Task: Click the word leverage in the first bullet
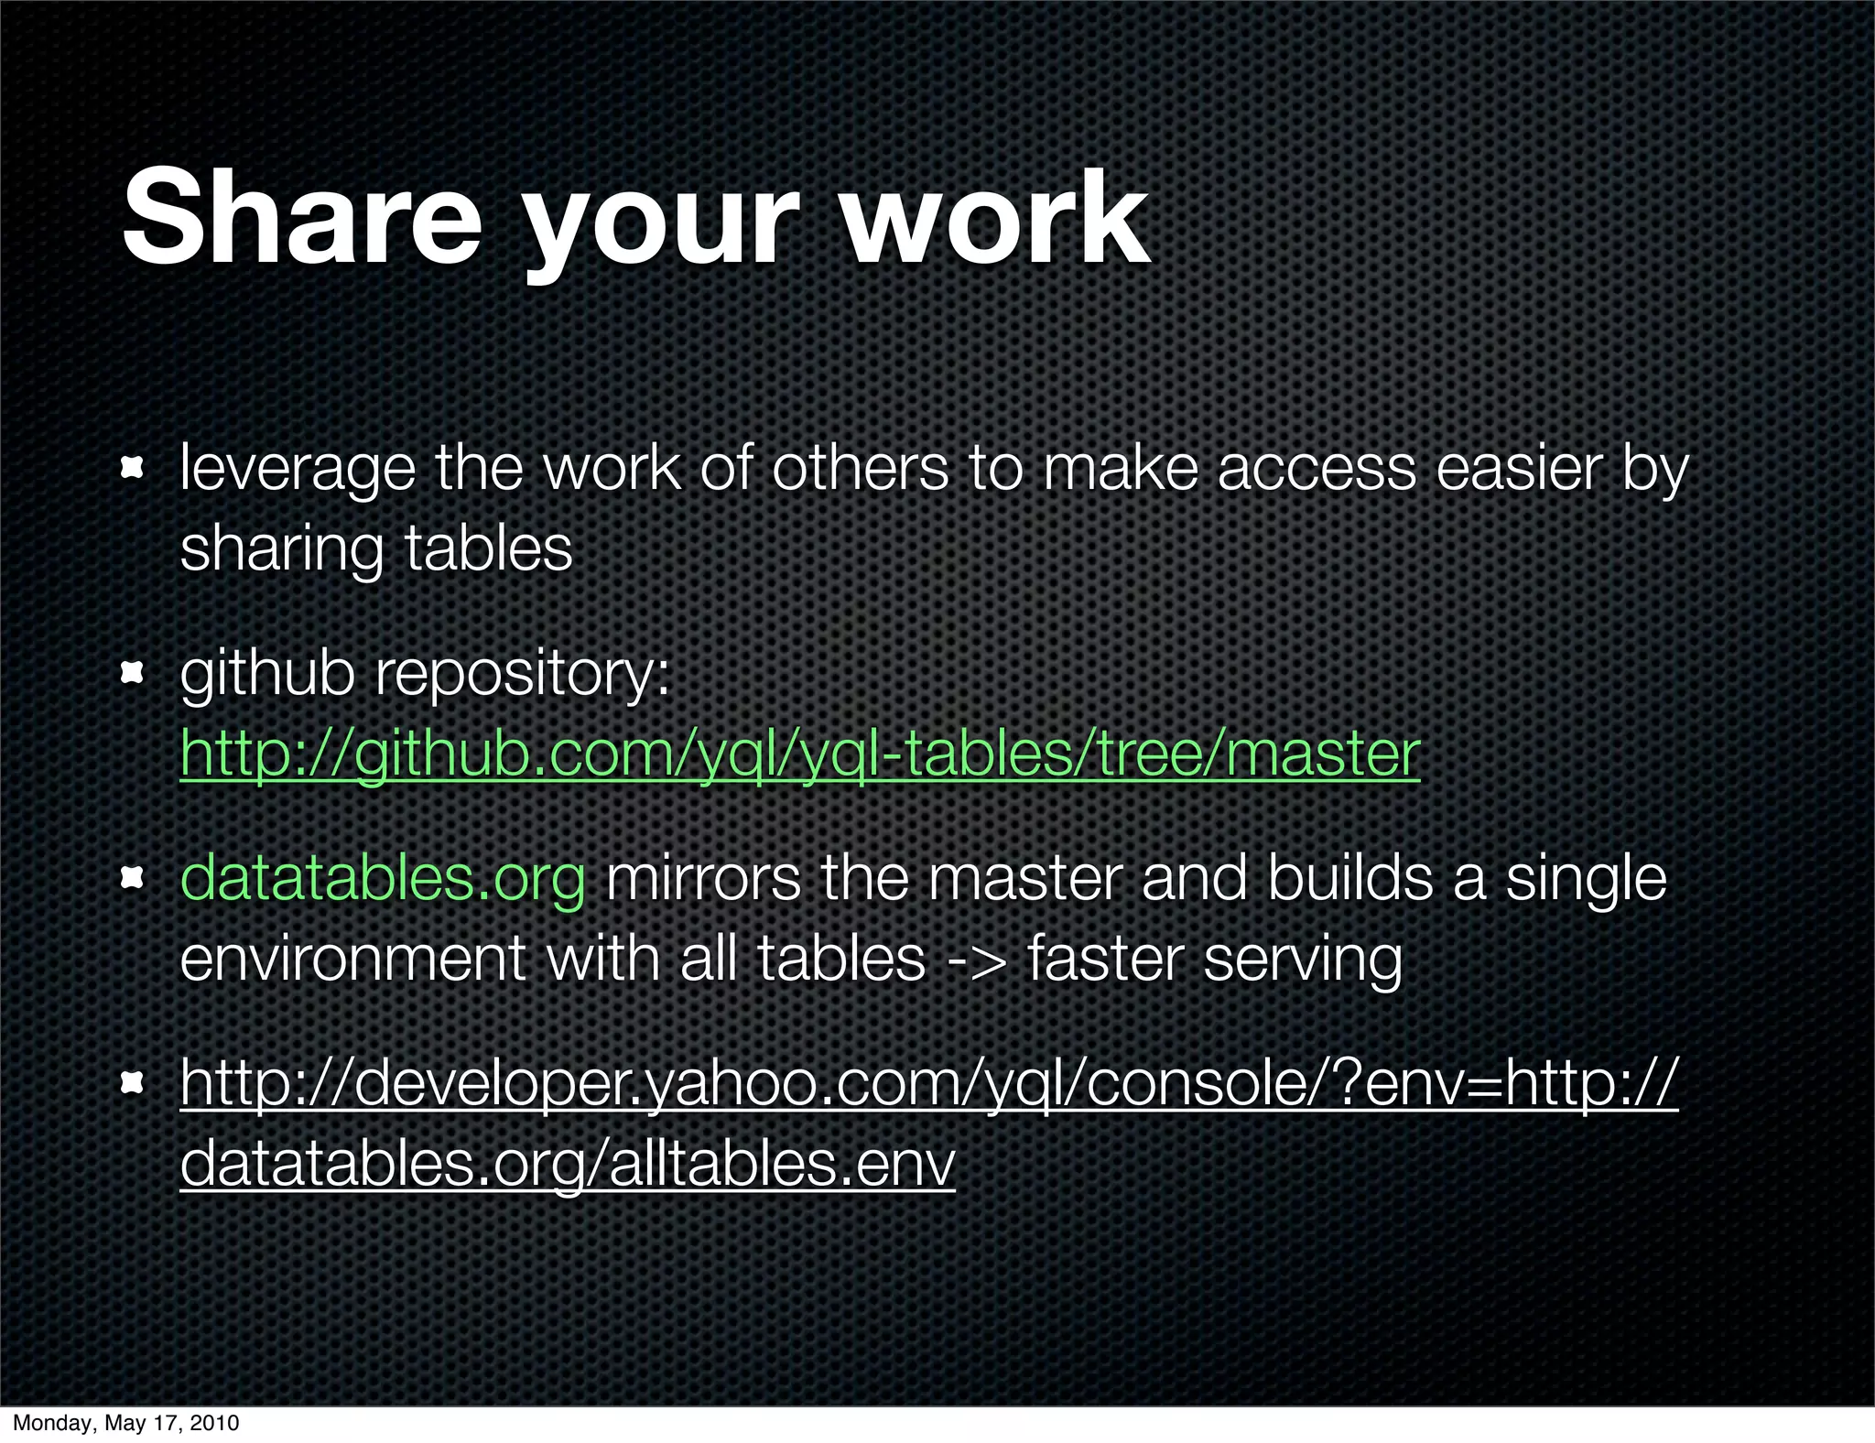click(297, 470)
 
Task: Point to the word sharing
click(280, 549)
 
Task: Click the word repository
click(523, 675)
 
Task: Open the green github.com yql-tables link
click(799, 754)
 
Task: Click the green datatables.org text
click(382, 877)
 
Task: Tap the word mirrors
click(702, 877)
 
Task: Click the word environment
click(352, 959)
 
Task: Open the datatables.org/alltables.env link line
click(568, 1163)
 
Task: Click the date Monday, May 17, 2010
click(125, 1423)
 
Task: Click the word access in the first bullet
click(1317, 468)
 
